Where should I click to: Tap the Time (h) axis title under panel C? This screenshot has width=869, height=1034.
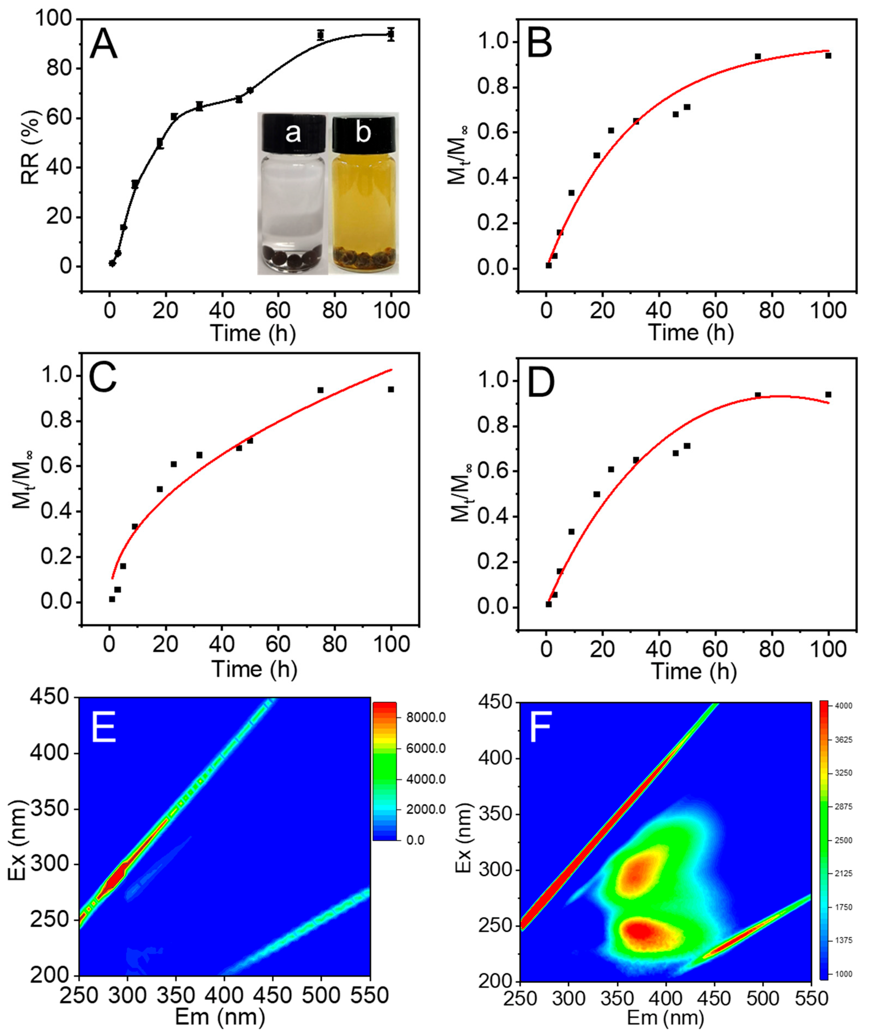tap(254, 669)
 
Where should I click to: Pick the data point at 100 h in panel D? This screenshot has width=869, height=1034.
tap(828, 395)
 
